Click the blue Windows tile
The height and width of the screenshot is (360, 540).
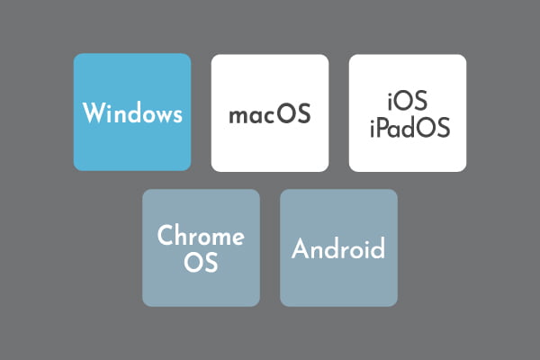pos(132,112)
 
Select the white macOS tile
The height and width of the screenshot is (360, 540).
pos(270,112)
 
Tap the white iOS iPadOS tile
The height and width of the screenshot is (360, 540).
pos(408,112)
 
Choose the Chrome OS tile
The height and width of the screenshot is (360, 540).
pos(201,247)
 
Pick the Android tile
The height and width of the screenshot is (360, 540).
pos(339,247)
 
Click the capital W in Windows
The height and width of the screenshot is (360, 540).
pos(94,112)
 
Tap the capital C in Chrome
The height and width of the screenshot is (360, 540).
pos(166,235)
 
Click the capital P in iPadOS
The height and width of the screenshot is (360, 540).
pos(383,127)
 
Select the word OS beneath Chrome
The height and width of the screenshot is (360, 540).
pos(201,262)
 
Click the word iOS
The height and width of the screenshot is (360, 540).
pos(408,100)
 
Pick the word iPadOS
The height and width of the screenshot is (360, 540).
pos(409,127)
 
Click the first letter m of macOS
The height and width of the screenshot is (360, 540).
pos(238,116)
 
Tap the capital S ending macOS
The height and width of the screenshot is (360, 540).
pos(304,113)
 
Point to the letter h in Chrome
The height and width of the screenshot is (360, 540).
pos(184,235)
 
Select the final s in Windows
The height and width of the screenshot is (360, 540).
pos(177,116)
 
